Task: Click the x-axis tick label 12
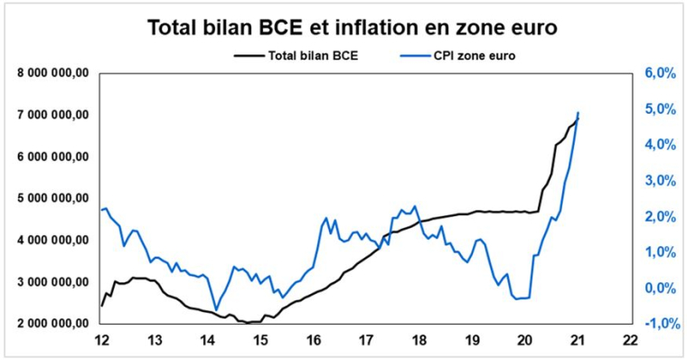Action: click(101, 341)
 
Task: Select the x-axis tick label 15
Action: click(260, 341)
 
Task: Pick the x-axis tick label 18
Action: click(419, 341)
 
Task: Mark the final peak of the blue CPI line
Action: click(578, 112)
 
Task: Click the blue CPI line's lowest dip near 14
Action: click(216, 309)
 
